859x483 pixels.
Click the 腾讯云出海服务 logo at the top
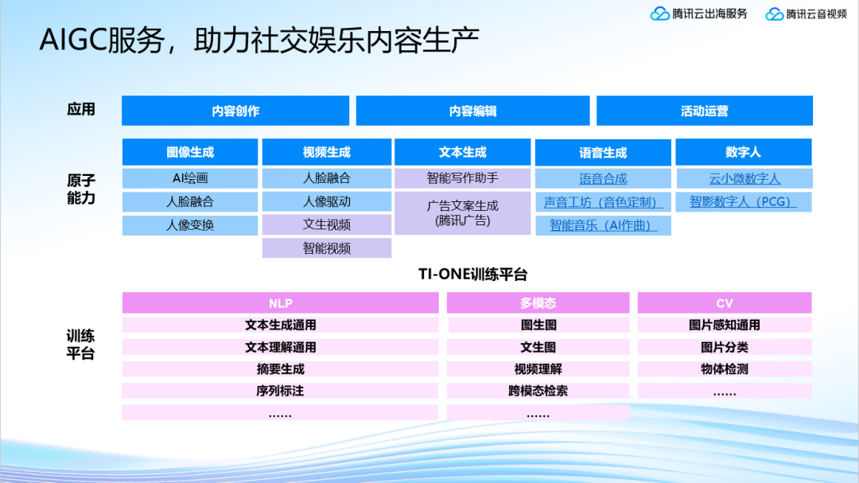699,14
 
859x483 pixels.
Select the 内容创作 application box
235,111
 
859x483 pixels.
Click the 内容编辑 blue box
472,111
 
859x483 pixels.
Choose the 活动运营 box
704,111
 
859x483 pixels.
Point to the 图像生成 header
190,152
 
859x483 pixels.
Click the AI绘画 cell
190,178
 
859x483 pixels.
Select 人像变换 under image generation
190,225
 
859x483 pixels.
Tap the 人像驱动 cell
327,201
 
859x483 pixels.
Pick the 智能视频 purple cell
327,248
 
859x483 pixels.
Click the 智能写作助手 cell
462,178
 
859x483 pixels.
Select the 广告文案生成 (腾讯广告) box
462,213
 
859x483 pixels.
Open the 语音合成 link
603,179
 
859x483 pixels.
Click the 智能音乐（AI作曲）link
603,226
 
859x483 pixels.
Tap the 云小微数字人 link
744,179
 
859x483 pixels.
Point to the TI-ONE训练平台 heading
472,275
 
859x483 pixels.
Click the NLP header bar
280,303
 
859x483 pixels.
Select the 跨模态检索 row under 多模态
538,391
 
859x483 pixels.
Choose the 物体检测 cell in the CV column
724,369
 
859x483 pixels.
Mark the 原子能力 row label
81,189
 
